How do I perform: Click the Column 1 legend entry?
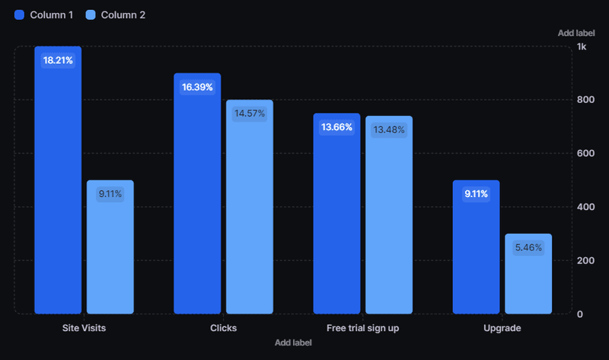point(44,15)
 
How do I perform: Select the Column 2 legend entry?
point(116,15)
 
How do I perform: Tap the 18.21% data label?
point(59,61)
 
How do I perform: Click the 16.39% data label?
point(197,88)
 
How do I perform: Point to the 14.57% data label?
point(250,114)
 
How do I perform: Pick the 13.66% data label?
point(336,127)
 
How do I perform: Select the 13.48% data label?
point(389,130)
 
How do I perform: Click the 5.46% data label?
point(528,248)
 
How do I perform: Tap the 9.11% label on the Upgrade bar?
point(476,194)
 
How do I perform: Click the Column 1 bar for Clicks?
point(197,205)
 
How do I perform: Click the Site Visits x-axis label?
point(84,328)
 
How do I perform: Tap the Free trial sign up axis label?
point(362,328)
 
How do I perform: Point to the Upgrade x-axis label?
point(502,328)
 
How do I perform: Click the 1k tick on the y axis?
point(582,47)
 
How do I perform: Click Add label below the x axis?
point(293,342)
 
